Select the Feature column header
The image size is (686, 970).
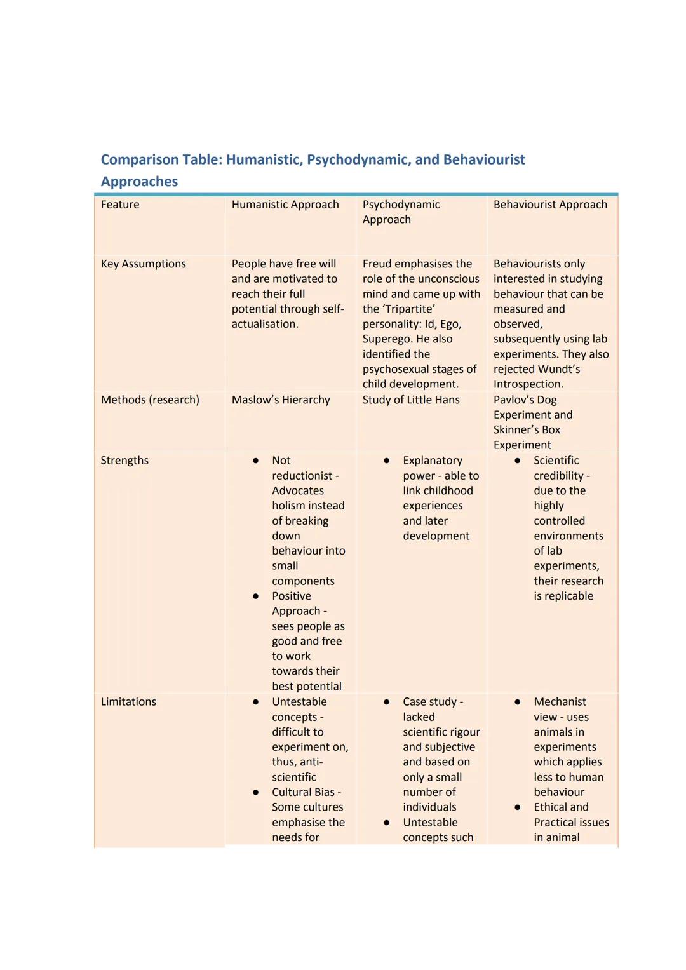point(120,205)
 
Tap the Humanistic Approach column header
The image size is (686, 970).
point(285,205)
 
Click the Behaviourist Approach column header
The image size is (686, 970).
point(550,205)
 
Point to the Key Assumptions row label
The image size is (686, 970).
point(144,264)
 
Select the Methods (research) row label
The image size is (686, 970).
point(150,400)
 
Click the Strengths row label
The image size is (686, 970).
point(124,461)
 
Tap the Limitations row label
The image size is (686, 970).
point(128,702)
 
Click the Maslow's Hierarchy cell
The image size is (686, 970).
point(281,400)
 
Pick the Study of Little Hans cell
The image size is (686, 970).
point(411,400)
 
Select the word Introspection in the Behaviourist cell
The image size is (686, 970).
point(527,384)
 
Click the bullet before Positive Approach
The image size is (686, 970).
point(255,596)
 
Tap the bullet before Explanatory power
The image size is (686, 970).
point(386,461)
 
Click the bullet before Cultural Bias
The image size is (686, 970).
point(255,792)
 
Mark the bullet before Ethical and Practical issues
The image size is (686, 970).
point(518,807)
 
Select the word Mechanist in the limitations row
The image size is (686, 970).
point(560,702)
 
